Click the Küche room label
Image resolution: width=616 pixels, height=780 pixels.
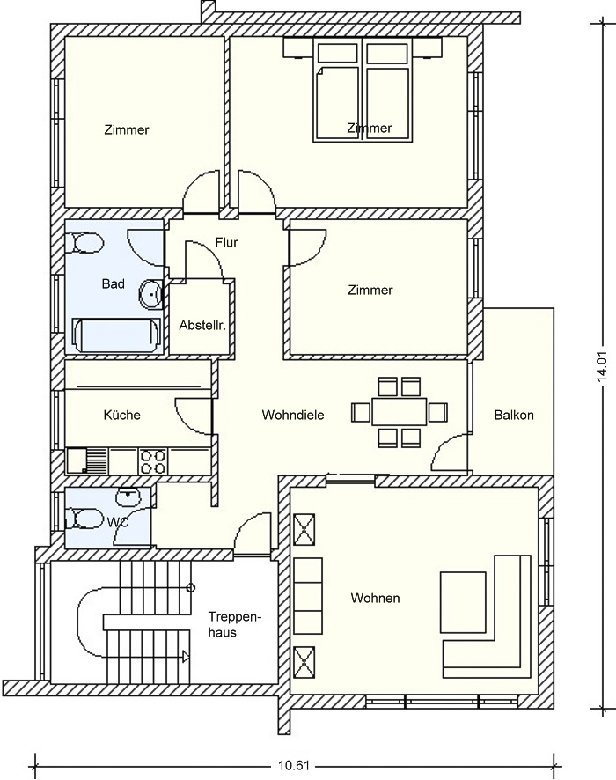(x=121, y=415)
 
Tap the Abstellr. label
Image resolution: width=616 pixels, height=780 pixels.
(x=202, y=326)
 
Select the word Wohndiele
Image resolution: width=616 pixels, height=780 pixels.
(x=293, y=415)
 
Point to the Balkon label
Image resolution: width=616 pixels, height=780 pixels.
(x=514, y=415)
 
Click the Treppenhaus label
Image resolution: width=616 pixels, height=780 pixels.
(x=235, y=625)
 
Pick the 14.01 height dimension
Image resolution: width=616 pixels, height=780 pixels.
(x=603, y=366)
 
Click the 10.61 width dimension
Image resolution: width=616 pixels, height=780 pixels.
(x=293, y=765)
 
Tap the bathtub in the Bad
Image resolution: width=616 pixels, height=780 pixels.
(x=117, y=335)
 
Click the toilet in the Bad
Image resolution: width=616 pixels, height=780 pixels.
(x=85, y=244)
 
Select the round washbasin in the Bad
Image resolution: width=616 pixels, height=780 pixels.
(x=151, y=295)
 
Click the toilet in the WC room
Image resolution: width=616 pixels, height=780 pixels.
(x=84, y=519)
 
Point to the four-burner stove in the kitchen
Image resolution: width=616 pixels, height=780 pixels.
(x=153, y=461)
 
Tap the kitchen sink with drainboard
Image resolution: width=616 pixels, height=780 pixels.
(x=87, y=461)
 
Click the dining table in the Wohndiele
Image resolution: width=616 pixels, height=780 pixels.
(x=400, y=411)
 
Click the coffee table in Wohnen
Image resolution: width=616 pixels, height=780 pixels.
(x=463, y=602)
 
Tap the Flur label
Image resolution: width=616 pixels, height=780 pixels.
(x=227, y=243)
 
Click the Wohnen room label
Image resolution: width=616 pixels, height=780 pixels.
(x=376, y=598)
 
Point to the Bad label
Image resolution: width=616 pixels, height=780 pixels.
(x=114, y=284)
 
